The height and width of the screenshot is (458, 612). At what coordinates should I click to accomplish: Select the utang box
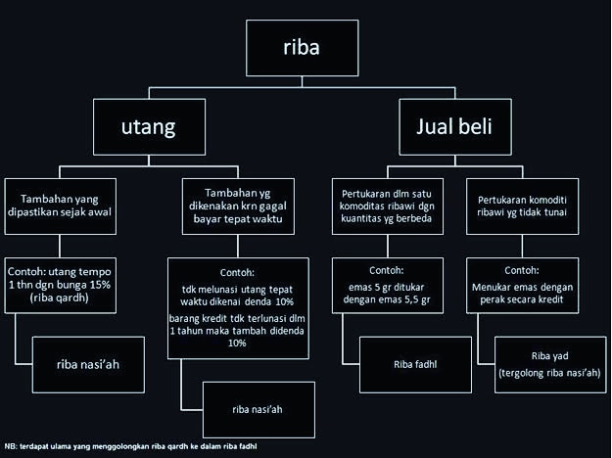click(150, 125)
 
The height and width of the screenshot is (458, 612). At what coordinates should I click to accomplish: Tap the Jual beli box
click(454, 125)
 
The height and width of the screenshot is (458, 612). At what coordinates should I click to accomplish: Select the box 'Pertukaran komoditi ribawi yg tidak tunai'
click(530, 204)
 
